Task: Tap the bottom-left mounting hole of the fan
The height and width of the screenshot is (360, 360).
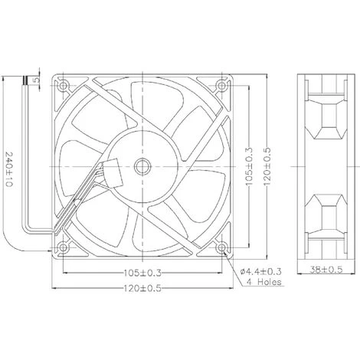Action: pyautogui.click(x=63, y=247)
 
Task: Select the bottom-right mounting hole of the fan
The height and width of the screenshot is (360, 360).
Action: pyautogui.click(x=222, y=247)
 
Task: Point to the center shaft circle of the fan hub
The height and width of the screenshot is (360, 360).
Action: pyautogui.click(x=142, y=165)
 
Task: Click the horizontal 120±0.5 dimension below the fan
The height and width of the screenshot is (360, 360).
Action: pyautogui.click(x=142, y=291)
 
